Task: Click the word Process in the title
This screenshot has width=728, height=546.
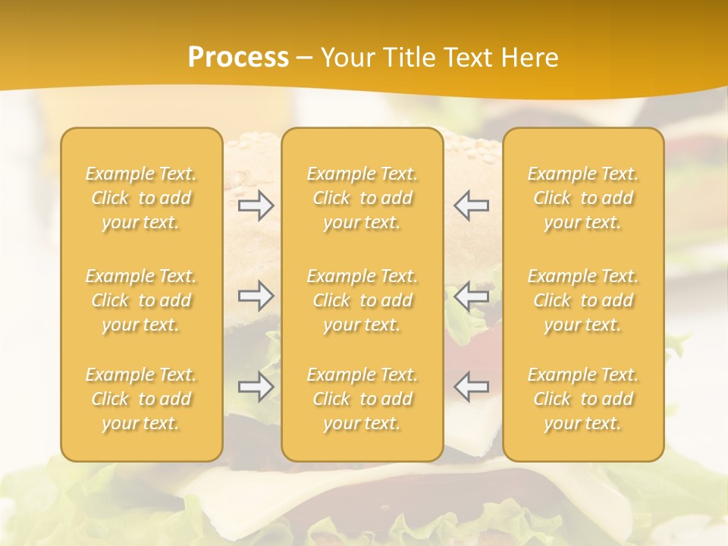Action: (238, 58)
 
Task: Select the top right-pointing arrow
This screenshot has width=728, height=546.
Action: (256, 206)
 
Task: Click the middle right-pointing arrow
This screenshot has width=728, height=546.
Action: (256, 296)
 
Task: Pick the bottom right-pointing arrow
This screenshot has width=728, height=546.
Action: (256, 387)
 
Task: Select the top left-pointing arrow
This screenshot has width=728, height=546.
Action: (471, 206)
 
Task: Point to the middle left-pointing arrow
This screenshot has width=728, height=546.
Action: (471, 296)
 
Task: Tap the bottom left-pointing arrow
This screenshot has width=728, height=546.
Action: (471, 387)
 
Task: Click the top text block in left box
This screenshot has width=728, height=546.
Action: (141, 198)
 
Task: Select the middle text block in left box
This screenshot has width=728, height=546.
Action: (141, 300)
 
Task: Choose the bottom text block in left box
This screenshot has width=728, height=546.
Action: (141, 399)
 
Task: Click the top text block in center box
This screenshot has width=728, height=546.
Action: (362, 198)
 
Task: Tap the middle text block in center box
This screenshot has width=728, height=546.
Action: (362, 300)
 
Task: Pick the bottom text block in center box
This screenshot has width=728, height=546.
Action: (362, 399)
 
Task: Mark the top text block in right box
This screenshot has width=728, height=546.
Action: (583, 198)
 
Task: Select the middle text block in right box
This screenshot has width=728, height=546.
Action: (583, 300)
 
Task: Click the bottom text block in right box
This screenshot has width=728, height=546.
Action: (583, 399)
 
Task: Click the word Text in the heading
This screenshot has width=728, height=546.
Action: (466, 58)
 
